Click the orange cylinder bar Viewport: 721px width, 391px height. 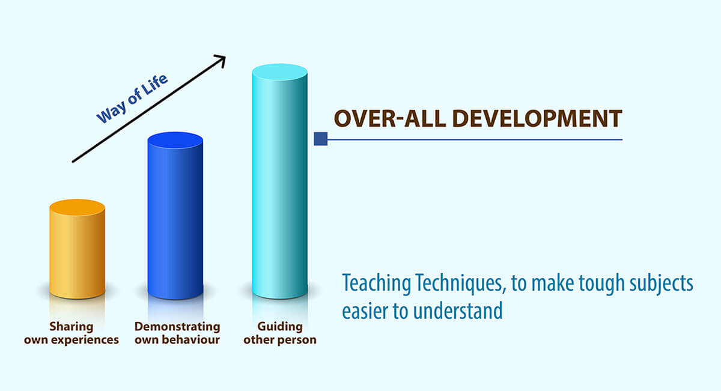click(78, 249)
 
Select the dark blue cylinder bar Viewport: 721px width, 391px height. click(175, 215)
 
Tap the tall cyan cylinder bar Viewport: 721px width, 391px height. click(280, 181)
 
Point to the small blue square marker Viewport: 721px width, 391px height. click(321, 139)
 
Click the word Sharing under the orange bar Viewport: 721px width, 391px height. click(71, 327)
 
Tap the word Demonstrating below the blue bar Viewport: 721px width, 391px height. click(177, 327)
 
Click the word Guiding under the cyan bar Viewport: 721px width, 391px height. click(280, 327)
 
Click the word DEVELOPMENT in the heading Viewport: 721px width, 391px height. click(537, 119)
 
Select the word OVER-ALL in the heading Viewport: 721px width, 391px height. click(390, 119)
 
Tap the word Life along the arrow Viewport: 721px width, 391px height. click(155, 84)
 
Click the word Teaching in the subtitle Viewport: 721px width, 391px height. click(377, 283)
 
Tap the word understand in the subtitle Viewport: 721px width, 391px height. click(458, 311)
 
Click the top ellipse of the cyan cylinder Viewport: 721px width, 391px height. click(280, 73)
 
